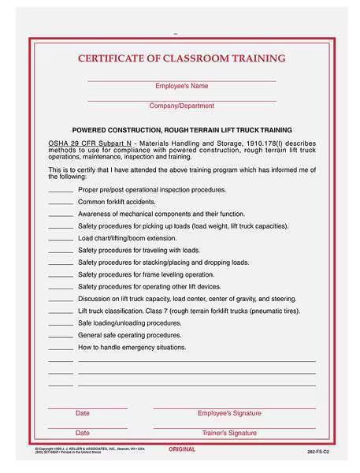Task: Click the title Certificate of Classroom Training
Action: click(181, 58)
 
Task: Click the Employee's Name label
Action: click(181, 85)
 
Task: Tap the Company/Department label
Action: click(181, 105)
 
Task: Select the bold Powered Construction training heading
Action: click(182, 129)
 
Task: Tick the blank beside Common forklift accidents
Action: click(61, 202)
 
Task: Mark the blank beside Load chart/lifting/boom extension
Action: click(61, 238)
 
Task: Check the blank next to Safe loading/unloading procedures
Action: click(61, 323)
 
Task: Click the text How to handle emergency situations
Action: click(132, 347)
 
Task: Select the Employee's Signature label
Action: click(229, 413)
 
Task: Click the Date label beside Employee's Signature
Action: click(83, 413)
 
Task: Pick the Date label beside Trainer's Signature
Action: click(83, 433)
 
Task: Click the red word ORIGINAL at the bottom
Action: click(183, 449)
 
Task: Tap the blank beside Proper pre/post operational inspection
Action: click(61, 190)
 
